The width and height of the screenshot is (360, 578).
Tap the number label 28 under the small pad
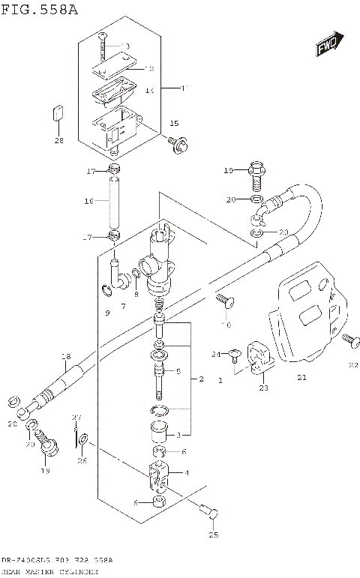[58, 140]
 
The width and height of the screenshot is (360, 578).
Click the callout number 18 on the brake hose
[65, 356]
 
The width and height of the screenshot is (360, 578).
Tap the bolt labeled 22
[347, 341]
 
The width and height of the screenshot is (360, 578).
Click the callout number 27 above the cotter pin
[75, 417]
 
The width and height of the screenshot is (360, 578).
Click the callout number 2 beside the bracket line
[201, 380]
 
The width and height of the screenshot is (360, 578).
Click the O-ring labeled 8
[136, 274]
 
